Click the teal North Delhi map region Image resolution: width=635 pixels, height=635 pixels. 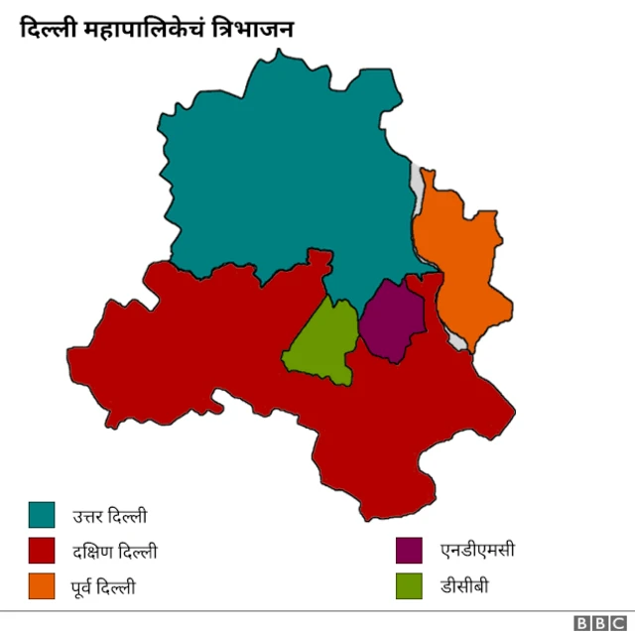[288, 169]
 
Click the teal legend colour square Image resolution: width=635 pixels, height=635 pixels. [42, 515]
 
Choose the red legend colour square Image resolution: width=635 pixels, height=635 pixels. [42, 551]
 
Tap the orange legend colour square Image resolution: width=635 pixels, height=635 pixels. [42, 586]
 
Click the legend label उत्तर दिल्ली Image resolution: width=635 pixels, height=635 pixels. [109, 516]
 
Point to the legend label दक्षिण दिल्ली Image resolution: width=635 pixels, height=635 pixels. [114, 552]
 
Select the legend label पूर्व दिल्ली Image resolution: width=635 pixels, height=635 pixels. [103, 587]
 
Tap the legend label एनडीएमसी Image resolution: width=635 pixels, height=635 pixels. [477, 551]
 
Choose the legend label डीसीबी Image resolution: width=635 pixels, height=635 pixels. [464, 586]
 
